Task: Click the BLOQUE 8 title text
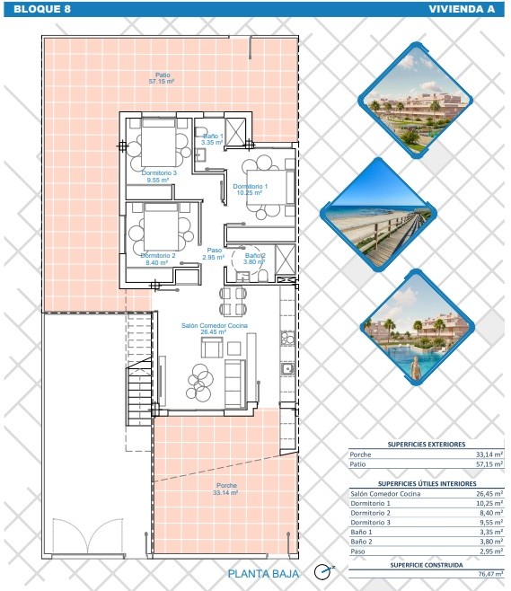point(42,9)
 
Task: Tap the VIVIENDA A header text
point(462,9)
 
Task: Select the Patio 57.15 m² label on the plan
point(162,78)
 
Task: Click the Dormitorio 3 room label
point(159,176)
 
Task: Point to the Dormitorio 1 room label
point(250,190)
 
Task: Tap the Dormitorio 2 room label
point(157,259)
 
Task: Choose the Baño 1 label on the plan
point(212,139)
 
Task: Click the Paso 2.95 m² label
point(214,253)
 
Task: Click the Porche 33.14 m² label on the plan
point(225,489)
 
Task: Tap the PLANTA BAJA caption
point(263,574)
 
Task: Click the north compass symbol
point(323,572)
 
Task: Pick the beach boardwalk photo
point(378,214)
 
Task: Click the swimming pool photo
point(417,327)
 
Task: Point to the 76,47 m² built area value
point(490,574)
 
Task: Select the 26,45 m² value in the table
point(489,493)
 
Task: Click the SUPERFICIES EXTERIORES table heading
point(427,445)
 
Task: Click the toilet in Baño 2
point(263,276)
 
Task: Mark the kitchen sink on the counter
point(287,368)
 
